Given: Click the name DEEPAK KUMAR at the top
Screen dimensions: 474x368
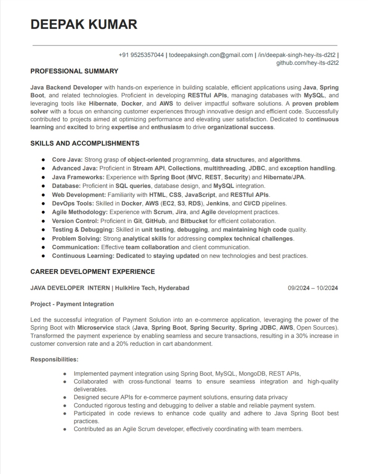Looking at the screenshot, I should tap(84, 24).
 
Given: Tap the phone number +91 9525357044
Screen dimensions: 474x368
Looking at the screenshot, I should tap(141, 55).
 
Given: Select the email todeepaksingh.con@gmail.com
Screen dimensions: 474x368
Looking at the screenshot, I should tap(211, 55).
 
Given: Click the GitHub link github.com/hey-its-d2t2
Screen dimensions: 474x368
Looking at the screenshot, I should tap(307, 63).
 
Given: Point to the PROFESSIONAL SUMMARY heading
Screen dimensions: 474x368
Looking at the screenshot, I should tap(74, 71).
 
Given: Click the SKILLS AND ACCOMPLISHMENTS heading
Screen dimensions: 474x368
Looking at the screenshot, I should tap(85, 143).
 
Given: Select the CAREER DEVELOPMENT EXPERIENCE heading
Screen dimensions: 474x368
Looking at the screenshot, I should tap(92, 272).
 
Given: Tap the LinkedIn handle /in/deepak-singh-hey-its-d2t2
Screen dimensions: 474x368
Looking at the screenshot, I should tap(297, 55).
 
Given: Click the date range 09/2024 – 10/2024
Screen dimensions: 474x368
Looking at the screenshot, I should tap(313, 288).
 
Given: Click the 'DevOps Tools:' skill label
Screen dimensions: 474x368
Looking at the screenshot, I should tap(73, 204).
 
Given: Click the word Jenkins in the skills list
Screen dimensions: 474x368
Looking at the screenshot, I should tap(217, 204).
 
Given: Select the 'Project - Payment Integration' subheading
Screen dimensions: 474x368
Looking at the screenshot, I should tap(72, 304).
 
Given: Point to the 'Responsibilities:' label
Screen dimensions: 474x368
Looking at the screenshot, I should tap(54, 360).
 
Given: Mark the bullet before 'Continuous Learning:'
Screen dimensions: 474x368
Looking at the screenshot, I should tap(43, 256).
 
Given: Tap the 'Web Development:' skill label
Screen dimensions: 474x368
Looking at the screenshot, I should tap(79, 195).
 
